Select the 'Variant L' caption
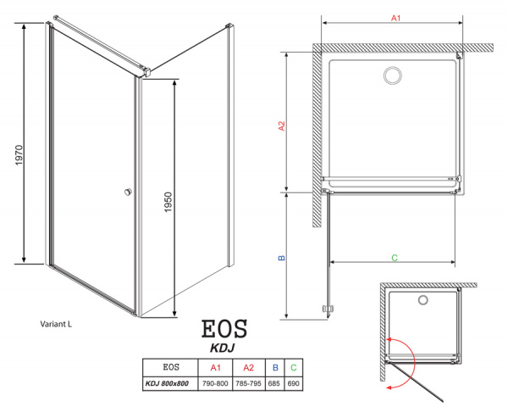58,324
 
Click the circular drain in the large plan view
394,77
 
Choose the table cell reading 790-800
215,384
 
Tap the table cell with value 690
293,384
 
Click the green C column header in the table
293,368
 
